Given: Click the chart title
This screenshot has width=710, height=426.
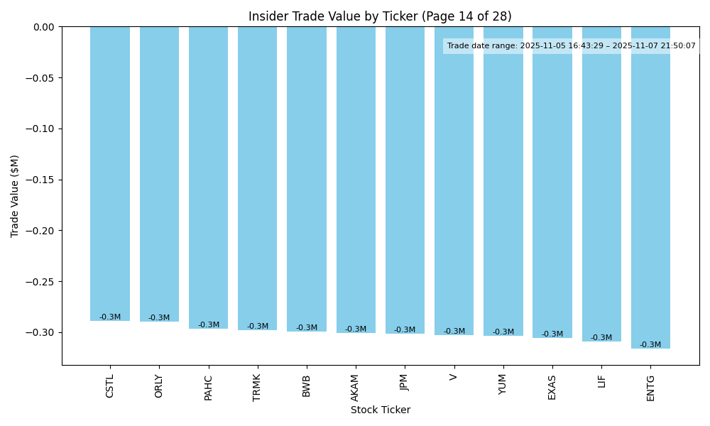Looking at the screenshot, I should [380, 16].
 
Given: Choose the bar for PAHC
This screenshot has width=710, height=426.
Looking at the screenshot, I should [208, 177].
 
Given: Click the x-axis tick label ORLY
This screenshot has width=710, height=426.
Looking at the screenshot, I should [159, 386].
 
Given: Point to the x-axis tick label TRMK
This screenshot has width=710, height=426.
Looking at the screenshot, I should [257, 387].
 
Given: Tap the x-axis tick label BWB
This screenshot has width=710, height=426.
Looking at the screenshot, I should [307, 386].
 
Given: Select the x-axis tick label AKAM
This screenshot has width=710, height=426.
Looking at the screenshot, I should [356, 387].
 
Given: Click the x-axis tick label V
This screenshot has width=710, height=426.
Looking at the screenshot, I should [454, 376].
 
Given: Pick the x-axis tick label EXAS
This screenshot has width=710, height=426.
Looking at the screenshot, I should [552, 386].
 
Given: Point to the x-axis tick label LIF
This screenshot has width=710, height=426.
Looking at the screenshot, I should [601, 381].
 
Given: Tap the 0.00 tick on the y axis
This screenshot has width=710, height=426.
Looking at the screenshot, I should [43, 27].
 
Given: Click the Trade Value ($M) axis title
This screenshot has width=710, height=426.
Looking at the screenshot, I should [15, 196].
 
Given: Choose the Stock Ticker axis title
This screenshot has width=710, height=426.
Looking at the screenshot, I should [380, 410].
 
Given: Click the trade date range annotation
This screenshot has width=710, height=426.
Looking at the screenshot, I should [571, 46].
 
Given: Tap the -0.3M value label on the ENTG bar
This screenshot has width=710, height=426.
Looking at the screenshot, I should [650, 345].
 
